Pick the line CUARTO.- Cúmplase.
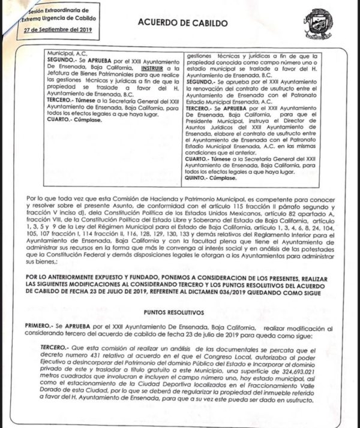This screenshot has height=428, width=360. pos(74,119)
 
